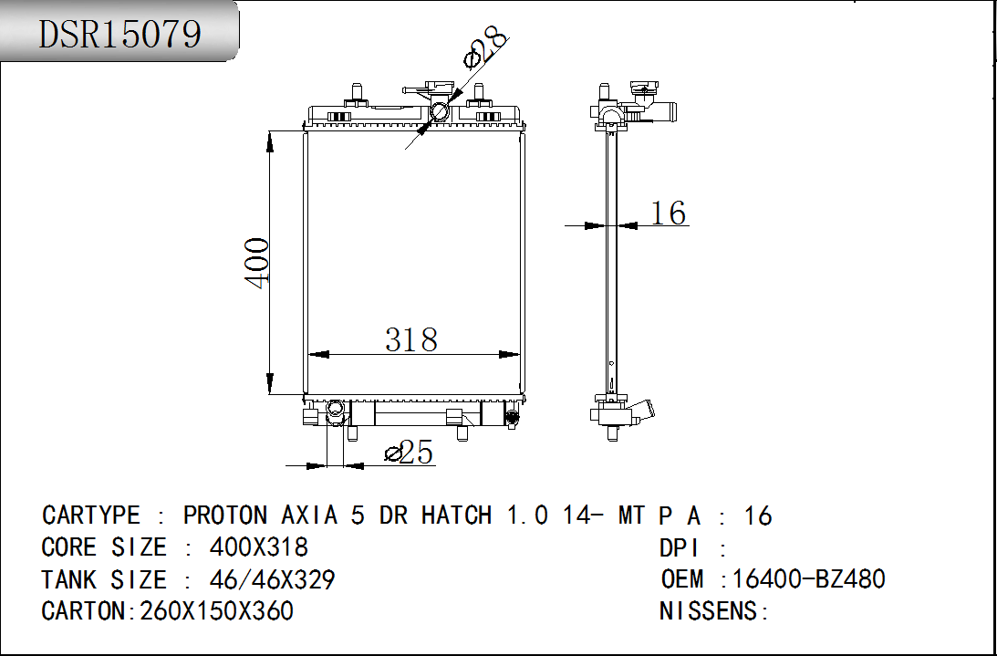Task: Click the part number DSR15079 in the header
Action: tap(120, 34)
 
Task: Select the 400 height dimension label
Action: tap(257, 264)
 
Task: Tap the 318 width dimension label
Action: tap(411, 339)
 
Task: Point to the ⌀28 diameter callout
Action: tap(486, 47)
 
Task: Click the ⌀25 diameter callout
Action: tap(410, 453)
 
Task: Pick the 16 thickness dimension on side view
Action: tap(669, 213)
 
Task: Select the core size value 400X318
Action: tap(259, 547)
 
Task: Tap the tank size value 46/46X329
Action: tap(272, 579)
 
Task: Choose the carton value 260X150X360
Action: tap(217, 610)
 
